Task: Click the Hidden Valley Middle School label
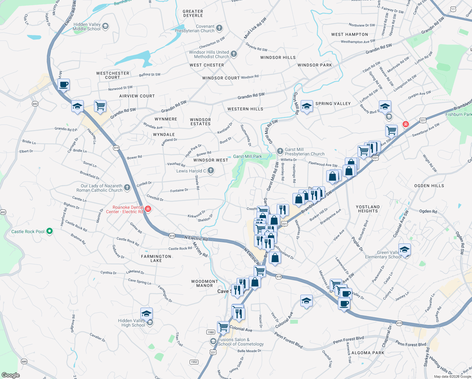coord(87,27)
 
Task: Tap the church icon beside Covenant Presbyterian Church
coord(219,28)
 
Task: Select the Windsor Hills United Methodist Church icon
coord(234,54)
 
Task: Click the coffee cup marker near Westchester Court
coord(64,85)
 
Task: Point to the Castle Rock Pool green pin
coord(50,231)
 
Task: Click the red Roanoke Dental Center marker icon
coord(148,209)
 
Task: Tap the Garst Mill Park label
coord(248,156)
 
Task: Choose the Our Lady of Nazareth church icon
coord(127,188)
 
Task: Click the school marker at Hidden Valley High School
coord(146,314)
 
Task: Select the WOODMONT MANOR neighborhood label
coord(204,283)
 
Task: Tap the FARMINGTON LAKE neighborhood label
coord(156,258)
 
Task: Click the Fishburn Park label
coord(458,114)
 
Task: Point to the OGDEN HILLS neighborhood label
coord(429,186)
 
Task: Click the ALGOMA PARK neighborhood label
coord(368,353)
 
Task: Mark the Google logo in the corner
coord(10,375)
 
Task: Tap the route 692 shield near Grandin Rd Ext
coord(35,104)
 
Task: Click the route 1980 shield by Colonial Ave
coord(211,332)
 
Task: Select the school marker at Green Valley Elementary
coord(404,250)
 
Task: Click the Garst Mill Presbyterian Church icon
coord(280,151)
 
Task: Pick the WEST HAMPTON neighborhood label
coord(350,34)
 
